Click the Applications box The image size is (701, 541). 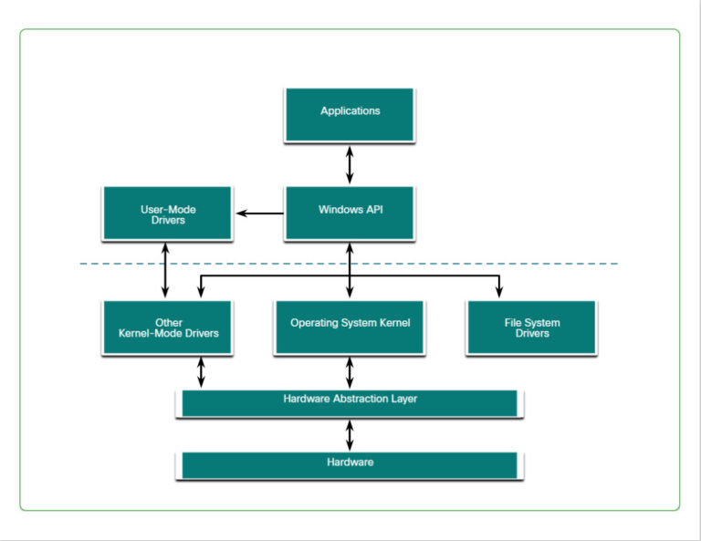(x=350, y=114)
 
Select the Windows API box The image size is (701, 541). (x=350, y=213)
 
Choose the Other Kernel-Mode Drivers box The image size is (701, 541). (x=168, y=327)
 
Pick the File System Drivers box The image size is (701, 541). (x=531, y=327)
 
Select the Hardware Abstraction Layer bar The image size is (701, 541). (x=350, y=402)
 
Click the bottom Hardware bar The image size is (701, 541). (x=350, y=464)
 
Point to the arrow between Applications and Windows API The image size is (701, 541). (x=350, y=164)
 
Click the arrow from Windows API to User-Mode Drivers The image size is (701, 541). (x=260, y=213)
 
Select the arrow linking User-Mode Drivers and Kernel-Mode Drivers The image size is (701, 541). (x=166, y=270)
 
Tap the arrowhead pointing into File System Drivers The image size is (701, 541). (x=499, y=292)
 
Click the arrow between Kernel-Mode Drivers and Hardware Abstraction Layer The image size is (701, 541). (x=201, y=372)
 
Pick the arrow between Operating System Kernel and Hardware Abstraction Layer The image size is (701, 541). (x=350, y=372)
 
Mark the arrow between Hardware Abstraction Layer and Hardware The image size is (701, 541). (x=350, y=434)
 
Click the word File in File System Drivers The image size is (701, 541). (x=514, y=323)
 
